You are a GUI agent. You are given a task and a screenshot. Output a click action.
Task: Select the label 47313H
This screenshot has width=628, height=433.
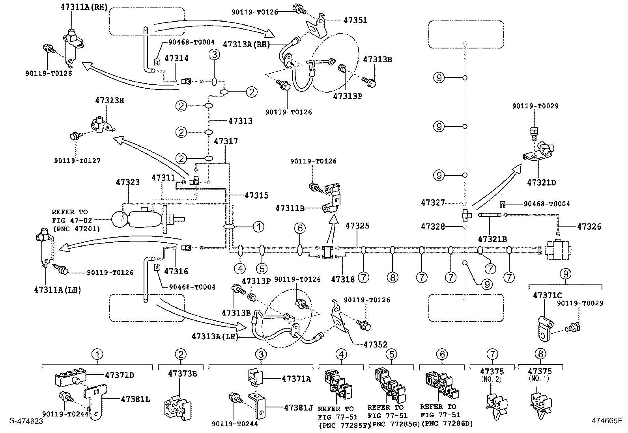click(109, 100)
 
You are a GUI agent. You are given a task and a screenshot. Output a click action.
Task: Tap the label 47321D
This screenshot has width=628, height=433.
click(541, 183)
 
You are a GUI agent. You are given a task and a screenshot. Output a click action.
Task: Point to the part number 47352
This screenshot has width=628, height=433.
click(375, 344)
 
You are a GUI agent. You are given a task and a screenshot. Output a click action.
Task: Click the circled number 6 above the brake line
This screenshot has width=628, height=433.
click(300, 227)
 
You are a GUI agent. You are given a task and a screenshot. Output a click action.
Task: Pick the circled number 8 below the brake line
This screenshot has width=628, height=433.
click(392, 277)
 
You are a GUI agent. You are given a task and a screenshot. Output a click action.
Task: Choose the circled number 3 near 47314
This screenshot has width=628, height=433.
click(214, 55)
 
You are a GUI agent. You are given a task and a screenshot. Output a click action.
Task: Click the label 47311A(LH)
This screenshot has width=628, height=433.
click(58, 290)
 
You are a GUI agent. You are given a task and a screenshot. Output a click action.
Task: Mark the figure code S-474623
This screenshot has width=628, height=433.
click(26, 421)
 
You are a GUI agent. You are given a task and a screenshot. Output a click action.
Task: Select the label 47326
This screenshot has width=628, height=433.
click(589, 227)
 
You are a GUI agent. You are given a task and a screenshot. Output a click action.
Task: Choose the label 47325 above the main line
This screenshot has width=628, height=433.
click(357, 226)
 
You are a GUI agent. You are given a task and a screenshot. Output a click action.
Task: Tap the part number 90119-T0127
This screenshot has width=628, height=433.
click(77, 161)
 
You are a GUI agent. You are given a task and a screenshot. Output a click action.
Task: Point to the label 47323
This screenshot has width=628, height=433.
click(127, 182)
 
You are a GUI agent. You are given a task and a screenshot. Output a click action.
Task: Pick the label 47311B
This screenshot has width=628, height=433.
click(290, 208)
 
